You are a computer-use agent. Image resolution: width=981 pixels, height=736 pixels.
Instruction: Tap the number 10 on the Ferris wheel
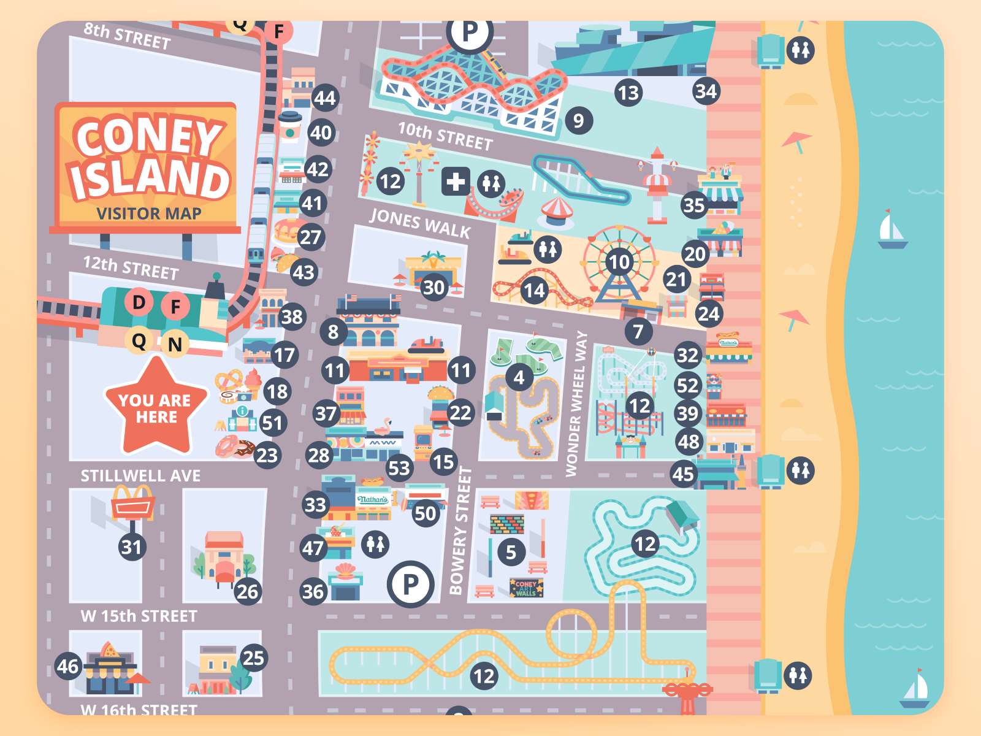(x=619, y=263)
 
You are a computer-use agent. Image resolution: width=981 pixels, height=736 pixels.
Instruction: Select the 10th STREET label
(x=445, y=136)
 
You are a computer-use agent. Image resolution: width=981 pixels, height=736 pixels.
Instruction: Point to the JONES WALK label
(x=420, y=223)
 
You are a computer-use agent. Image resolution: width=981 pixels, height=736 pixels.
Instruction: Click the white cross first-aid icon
(x=455, y=182)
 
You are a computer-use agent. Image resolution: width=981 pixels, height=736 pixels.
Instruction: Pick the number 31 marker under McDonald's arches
(x=132, y=546)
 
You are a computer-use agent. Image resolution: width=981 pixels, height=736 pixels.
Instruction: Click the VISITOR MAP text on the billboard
(x=149, y=213)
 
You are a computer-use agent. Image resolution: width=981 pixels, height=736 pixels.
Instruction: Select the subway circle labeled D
(x=139, y=302)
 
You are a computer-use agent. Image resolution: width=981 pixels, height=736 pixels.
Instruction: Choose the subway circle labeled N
(x=175, y=345)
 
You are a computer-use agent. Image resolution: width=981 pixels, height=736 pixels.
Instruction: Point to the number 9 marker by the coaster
(x=578, y=121)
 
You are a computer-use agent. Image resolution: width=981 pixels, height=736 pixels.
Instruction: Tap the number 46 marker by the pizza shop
(x=69, y=666)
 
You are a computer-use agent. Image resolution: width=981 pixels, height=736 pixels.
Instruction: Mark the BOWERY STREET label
(x=460, y=531)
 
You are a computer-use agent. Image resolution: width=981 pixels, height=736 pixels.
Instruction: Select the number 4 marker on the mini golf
(x=519, y=377)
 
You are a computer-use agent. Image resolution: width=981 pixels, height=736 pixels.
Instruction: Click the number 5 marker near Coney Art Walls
(x=511, y=553)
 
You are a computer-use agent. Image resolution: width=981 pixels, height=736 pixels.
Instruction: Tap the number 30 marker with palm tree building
(x=433, y=287)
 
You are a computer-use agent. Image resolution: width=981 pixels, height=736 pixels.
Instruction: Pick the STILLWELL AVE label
(x=140, y=476)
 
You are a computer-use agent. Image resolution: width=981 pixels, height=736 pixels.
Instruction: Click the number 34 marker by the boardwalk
(x=706, y=92)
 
